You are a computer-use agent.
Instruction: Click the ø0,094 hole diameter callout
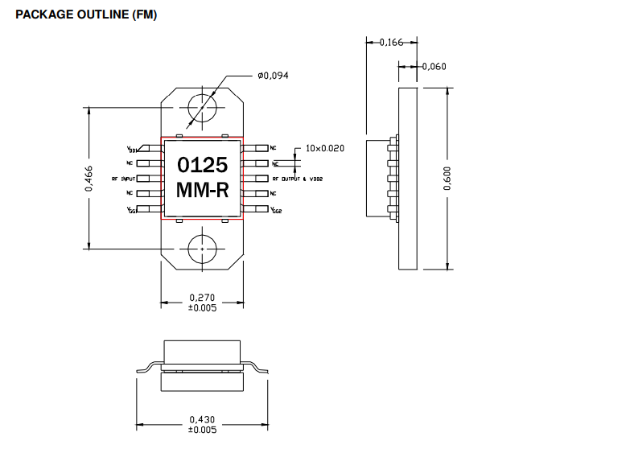[x=274, y=76]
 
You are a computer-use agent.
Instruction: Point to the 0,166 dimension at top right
[x=391, y=43]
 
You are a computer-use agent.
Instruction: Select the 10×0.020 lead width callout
[x=324, y=148]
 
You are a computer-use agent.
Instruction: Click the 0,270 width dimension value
[x=202, y=297]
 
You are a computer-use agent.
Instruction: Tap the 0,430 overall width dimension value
[x=202, y=419]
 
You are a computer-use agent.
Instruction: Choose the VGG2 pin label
[x=276, y=210]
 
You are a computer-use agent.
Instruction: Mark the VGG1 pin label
[x=132, y=210]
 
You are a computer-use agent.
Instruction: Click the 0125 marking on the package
[x=202, y=166]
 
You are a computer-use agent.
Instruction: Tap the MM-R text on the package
[x=202, y=192]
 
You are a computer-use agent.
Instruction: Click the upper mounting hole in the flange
[x=202, y=108]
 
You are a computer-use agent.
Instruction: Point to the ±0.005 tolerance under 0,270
[x=202, y=308]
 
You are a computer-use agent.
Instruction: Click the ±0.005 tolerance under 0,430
[x=202, y=430]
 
